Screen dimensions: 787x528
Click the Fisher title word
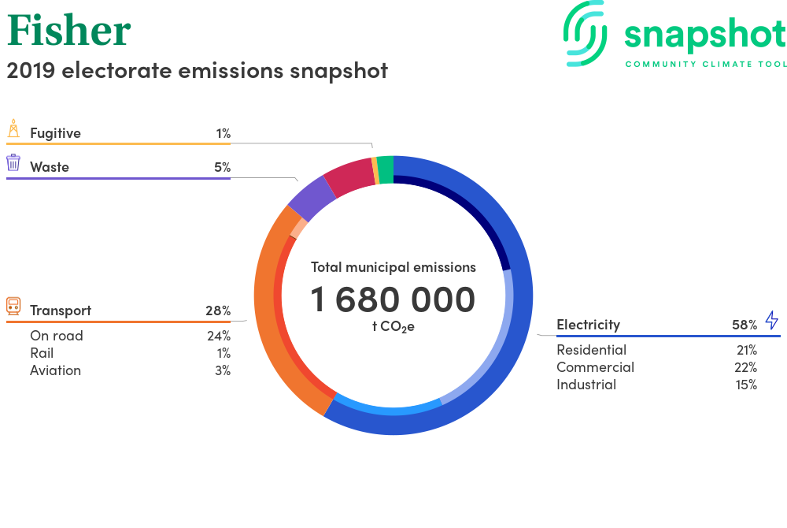pos(68,30)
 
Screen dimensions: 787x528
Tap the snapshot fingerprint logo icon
pos(586,33)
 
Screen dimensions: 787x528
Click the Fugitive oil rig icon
pos(13,128)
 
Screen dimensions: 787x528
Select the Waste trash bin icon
pos(13,163)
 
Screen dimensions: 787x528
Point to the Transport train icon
pos(13,306)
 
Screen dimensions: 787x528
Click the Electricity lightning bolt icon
pos(771,320)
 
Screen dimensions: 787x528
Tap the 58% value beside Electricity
pos(745,325)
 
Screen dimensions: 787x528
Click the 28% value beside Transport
pos(218,311)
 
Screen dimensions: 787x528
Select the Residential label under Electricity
pos(591,350)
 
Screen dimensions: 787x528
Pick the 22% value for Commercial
pos(745,368)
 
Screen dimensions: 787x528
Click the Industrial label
pos(586,385)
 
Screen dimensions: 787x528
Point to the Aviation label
pos(55,370)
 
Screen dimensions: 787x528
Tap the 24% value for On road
pos(218,336)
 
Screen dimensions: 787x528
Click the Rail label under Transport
pos(42,353)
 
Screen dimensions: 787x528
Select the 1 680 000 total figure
pos(393,299)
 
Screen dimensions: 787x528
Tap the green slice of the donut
pos(385,170)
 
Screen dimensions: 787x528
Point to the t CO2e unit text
pos(393,326)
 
